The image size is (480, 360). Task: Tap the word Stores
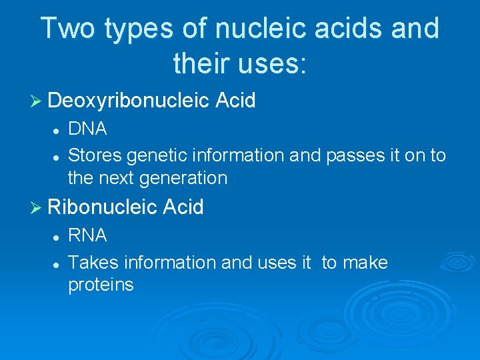[x=95, y=155]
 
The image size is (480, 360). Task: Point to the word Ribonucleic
[x=103, y=207]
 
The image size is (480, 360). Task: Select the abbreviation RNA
[x=87, y=236]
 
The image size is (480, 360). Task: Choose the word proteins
[x=101, y=285]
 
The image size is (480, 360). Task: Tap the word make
[x=365, y=263]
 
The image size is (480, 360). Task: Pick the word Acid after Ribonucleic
[x=183, y=207]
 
